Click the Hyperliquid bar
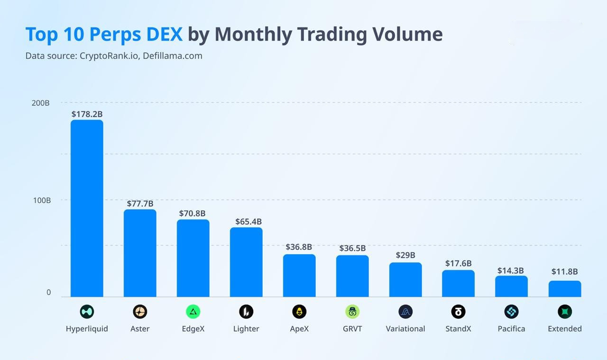click(x=87, y=209)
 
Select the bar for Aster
click(x=140, y=253)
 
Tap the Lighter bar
click(x=246, y=262)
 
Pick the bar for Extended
click(x=565, y=289)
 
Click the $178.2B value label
click(x=87, y=114)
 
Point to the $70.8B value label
click(x=193, y=213)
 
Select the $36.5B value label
click(x=352, y=248)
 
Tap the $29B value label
click(x=405, y=255)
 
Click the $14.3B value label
click(x=511, y=270)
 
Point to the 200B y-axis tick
click(x=41, y=103)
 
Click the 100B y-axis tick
click(x=42, y=200)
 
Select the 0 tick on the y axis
click(x=48, y=292)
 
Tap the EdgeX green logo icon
click(x=193, y=312)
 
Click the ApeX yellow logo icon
click(x=299, y=312)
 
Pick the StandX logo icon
click(x=458, y=312)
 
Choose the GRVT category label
click(x=352, y=329)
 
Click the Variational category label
click(x=405, y=329)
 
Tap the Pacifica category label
click(x=511, y=329)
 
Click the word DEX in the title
click(x=164, y=34)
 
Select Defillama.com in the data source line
click(x=172, y=56)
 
